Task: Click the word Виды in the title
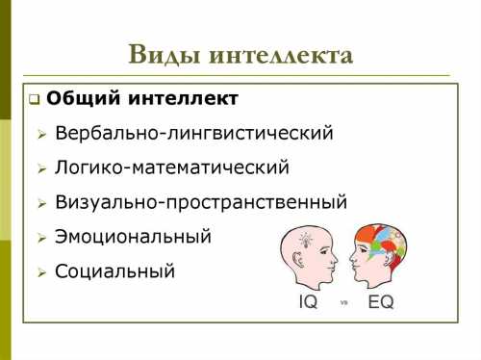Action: pyautogui.click(x=164, y=55)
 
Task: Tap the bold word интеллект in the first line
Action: pyautogui.click(x=184, y=99)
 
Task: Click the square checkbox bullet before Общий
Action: pyautogui.click(x=34, y=100)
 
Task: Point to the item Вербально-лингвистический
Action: pyautogui.click(x=194, y=133)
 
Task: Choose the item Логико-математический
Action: pyautogui.click(x=172, y=167)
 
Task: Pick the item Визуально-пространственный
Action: pyautogui.click(x=201, y=202)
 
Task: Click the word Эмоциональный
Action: pyautogui.click(x=133, y=236)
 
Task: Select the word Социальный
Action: pyautogui.click(x=115, y=270)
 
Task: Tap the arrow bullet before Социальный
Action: pyautogui.click(x=41, y=272)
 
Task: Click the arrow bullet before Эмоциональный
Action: pyautogui.click(x=41, y=238)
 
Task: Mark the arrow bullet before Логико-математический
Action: pyautogui.click(x=41, y=169)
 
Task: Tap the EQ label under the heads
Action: pyautogui.click(x=381, y=301)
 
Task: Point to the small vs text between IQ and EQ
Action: pyautogui.click(x=344, y=302)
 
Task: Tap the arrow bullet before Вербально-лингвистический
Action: pyautogui.click(x=41, y=135)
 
